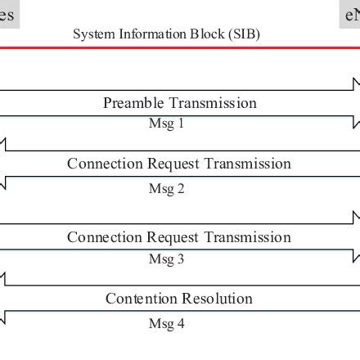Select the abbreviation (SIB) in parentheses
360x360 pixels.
tap(243, 34)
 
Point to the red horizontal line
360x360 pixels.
tap(180, 47)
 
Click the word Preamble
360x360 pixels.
tap(133, 103)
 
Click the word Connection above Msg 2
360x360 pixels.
tap(105, 164)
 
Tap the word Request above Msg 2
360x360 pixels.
tap(173, 164)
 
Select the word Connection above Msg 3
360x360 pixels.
tap(105, 237)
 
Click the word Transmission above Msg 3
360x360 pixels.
tap(247, 237)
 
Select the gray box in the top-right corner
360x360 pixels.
tap(352, 14)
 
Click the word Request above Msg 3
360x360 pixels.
tap(173, 238)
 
